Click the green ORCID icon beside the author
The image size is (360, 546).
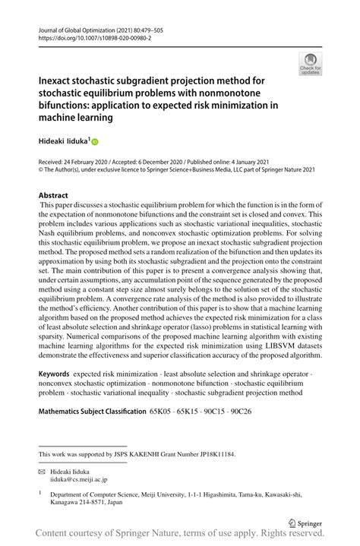[x=95, y=142]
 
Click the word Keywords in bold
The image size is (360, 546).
[x=54, y=375]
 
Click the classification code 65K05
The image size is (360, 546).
[x=162, y=411]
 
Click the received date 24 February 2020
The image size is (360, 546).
[x=84, y=163]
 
